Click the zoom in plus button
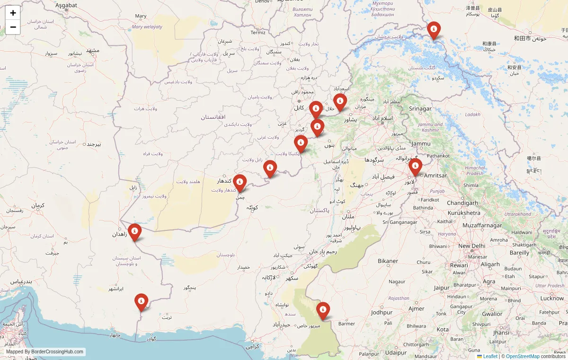(x=13, y=13)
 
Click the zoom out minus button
(x=13, y=27)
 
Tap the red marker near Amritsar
(x=415, y=167)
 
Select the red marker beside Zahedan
(x=134, y=232)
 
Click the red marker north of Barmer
(x=323, y=310)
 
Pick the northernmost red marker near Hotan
(x=434, y=30)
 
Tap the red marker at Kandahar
(x=240, y=183)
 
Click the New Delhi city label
(x=471, y=246)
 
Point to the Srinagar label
(x=420, y=109)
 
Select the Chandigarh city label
(x=462, y=203)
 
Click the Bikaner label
(x=388, y=261)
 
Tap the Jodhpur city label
(x=382, y=313)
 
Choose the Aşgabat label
(x=66, y=5)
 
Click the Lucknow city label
(x=552, y=299)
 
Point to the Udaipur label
(x=396, y=352)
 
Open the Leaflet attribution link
(x=490, y=356)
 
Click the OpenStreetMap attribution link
(x=523, y=356)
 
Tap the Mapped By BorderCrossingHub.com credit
(x=45, y=352)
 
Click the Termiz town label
(x=258, y=33)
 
